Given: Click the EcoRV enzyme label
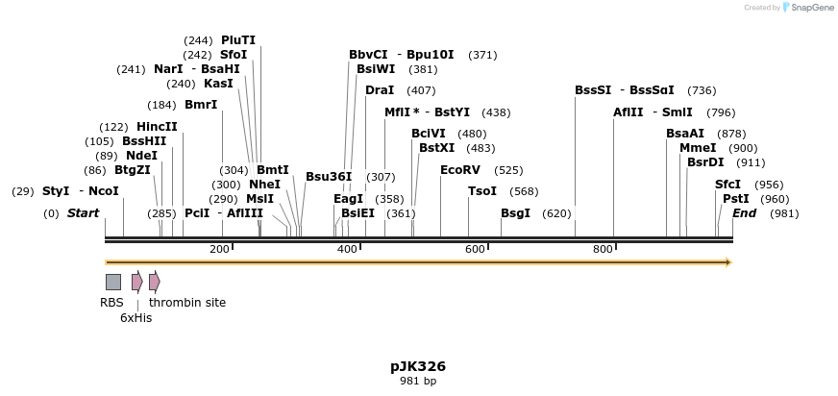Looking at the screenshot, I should click(x=459, y=170).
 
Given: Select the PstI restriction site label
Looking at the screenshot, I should click(x=735, y=199).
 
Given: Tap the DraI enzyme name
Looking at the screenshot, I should click(x=380, y=90).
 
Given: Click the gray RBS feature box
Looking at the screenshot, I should click(x=113, y=282).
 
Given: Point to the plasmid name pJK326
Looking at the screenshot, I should click(x=418, y=366).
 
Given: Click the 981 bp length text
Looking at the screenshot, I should click(x=418, y=382).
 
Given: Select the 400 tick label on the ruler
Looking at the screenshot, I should click(x=347, y=250).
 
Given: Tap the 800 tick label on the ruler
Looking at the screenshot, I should click(x=603, y=250).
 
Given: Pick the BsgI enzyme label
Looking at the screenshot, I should click(x=515, y=213).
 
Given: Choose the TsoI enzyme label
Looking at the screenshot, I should click(x=482, y=191).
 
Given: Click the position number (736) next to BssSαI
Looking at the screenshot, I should click(x=702, y=90).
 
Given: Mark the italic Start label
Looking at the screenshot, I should click(x=83, y=213).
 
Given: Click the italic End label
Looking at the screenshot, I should click(x=744, y=213).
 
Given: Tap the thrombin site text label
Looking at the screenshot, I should click(x=187, y=302).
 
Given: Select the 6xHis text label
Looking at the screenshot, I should click(x=136, y=317).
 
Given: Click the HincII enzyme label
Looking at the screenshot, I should click(x=157, y=127).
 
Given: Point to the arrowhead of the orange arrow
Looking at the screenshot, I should click(x=728, y=262).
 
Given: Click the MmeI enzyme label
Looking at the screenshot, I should click(x=698, y=148).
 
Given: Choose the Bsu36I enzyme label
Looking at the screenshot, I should click(x=329, y=177).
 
